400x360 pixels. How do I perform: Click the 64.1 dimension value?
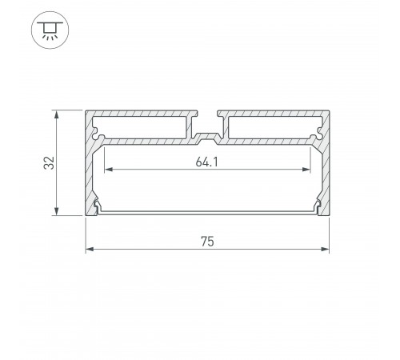[206, 162]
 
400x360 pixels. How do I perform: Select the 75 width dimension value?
[207, 242]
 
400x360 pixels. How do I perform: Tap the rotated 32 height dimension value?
[49, 162]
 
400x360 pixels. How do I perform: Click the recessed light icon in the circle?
[50, 30]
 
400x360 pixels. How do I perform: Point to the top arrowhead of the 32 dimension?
[56, 114]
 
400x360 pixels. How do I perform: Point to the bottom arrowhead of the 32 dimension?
[56, 211]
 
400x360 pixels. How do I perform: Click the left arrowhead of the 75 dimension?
[90, 249]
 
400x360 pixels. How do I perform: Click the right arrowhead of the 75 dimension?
[326, 249]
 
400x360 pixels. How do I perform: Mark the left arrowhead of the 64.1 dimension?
[109, 170]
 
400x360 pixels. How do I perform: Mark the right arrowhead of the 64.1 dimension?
[306, 170]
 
